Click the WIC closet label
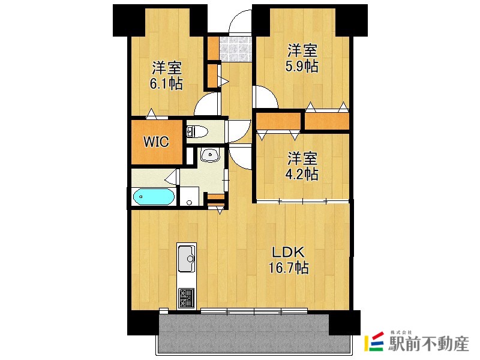click(156, 142)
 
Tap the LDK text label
click(289, 253)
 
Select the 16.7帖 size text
click(289, 268)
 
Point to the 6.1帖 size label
click(166, 83)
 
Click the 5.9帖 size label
click(302, 67)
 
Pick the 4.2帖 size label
click(302, 175)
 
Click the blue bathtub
click(154, 197)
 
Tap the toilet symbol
click(197, 131)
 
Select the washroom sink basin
click(210, 155)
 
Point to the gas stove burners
click(187, 298)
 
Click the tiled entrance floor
click(236, 49)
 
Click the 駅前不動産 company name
click(428, 344)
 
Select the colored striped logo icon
click(374, 341)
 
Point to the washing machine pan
click(190, 196)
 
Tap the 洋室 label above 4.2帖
click(302, 158)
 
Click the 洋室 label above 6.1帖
click(167, 68)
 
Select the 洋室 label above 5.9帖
click(302, 50)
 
